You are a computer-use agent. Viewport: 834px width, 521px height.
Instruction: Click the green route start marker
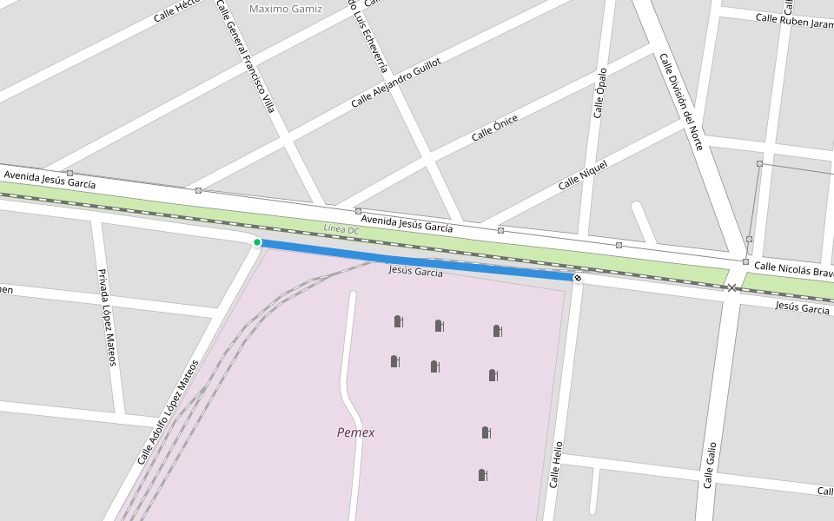coord(257,242)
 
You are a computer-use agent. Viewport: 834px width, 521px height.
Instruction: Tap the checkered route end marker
coord(577,278)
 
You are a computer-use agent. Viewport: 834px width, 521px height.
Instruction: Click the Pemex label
coord(355,432)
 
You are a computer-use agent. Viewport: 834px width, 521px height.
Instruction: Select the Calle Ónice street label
coord(494,129)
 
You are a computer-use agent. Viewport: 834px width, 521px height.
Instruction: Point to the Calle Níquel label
coord(582,175)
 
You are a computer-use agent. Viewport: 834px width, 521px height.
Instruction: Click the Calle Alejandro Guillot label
coord(395,83)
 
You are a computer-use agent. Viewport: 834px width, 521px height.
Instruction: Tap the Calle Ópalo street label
coord(599,93)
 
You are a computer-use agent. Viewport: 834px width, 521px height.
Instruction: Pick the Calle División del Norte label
coord(680,102)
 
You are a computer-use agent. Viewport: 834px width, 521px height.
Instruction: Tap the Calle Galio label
coord(710,465)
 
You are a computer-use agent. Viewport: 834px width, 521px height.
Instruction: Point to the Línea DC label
coord(341,230)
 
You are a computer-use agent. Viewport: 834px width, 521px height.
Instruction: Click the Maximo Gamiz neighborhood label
coord(285,10)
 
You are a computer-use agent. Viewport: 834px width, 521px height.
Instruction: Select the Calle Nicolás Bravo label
coord(793,269)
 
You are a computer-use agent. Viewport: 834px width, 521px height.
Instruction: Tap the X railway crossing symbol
coord(732,287)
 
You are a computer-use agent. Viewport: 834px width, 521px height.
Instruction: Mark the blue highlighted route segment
coord(417,260)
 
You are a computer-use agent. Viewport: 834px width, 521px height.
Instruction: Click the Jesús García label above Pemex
coord(415,272)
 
